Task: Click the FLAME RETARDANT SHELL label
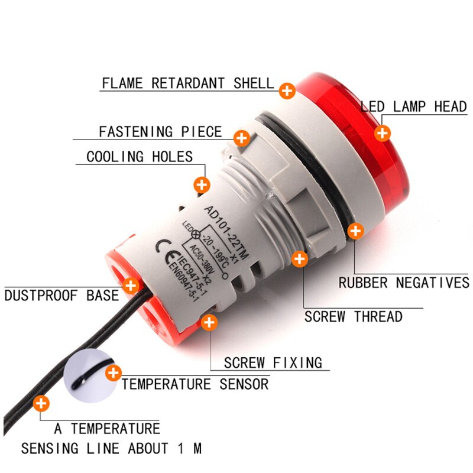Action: point(187,83)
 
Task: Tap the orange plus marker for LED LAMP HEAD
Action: point(383,133)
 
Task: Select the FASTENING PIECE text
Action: point(160,132)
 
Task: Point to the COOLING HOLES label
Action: point(140,157)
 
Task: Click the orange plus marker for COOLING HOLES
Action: point(202,184)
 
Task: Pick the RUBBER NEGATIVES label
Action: point(404,283)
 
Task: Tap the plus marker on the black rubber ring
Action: point(356,231)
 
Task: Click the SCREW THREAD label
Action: point(353,316)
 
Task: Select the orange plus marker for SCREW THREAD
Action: point(300,259)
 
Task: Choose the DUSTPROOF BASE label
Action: point(62,295)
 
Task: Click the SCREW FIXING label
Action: point(273,362)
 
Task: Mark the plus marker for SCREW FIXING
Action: point(209,322)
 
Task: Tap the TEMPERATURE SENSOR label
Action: point(195,384)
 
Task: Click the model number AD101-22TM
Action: point(226,232)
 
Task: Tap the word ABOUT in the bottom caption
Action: point(148,448)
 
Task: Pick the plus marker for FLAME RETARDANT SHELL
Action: point(287,91)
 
